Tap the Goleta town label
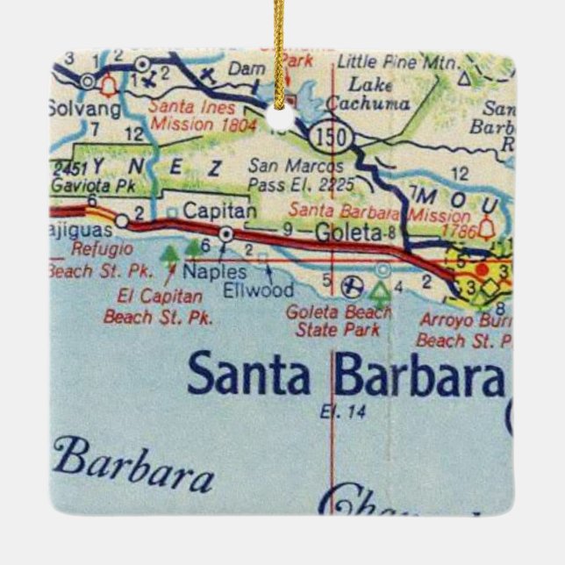[x=348, y=232]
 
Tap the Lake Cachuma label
[x=368, y=95]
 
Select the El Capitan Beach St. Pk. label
[x=157, y=307]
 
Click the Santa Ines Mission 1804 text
[x=204, y=117]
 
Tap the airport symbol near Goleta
[x=351, y=283]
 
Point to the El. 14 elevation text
[x=333, y=409]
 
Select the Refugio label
[x=99, y=249]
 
